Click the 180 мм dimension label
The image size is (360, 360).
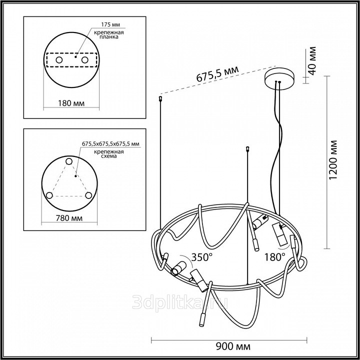click(x=71, y=103)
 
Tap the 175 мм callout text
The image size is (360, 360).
click(x=110, y=24)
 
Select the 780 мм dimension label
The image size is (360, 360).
click(x=69, y=218)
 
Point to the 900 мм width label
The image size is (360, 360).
click(x=233, y=346)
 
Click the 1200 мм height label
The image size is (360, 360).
click(x=333, y=160)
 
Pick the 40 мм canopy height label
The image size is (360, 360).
click(x=312, y=61)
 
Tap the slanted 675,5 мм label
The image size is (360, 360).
click(x=217, y=74)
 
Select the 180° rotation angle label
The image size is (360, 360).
click(x=275, y=257)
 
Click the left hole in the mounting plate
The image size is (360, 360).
click(x=59, y=60)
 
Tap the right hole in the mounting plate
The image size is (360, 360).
click(x=84, y=60)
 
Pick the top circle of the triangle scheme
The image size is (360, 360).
click(x=69, y=161)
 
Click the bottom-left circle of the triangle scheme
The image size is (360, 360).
click(x=49, y=195)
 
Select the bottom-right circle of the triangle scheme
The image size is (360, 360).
click(x=88, y=195)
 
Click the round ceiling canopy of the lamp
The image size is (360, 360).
click(x=278, y=78)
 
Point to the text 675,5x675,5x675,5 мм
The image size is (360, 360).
click(x=110, y=144)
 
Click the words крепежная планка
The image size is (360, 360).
click(x=109, y=34)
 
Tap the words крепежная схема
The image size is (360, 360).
click(x=109, y=154)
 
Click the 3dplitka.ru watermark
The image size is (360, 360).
click(x=180, y=301)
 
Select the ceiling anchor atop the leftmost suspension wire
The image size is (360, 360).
click(x=160, y=99)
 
